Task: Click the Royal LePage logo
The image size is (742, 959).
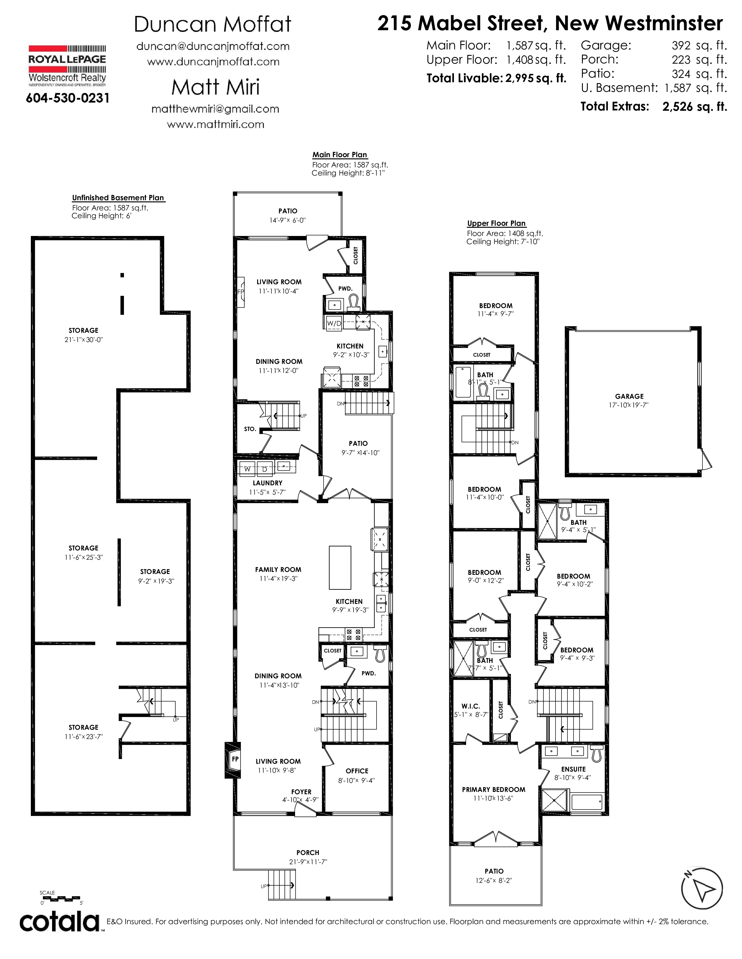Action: [67, 65]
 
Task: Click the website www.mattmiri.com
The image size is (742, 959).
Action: [215, 124]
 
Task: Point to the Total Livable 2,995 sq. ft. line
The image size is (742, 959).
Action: [496, 78]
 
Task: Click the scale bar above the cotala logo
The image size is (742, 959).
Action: [60, 898]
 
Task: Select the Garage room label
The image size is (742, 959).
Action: [629, 396]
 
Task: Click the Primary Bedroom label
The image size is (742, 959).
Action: [494, 789]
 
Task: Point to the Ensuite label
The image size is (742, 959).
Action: [573, 769]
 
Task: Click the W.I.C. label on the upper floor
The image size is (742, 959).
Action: [470, 706]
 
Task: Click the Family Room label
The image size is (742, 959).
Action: [278, 570]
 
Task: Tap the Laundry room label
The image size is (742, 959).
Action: [267, 483]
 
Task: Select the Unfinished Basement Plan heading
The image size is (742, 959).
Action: [118, 198]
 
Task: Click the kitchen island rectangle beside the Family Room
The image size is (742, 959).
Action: [340, 568]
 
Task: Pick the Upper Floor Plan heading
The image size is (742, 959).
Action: [496, 223]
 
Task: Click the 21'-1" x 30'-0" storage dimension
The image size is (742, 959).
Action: [84, 339]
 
